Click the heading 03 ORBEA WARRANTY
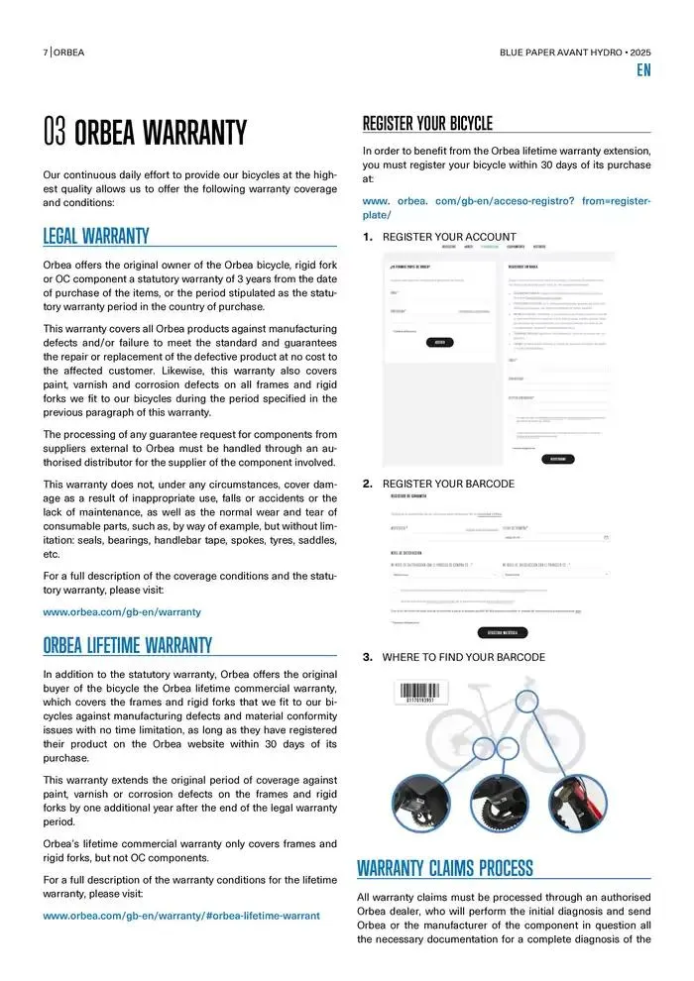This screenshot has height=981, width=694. [145, 132]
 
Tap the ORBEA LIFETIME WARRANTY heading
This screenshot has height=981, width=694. [128, 645]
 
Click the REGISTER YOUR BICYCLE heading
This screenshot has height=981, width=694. [427, 124]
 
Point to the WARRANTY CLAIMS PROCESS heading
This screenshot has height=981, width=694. [444, 869]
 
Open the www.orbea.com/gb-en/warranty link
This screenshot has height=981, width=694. [122, 612]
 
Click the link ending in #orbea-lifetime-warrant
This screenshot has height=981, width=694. [181, 916]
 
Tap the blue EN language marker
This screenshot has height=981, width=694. [643, 70]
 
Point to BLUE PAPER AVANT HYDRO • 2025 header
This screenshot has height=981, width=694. [575, 52]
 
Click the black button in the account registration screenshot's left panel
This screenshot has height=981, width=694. [440, 342]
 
